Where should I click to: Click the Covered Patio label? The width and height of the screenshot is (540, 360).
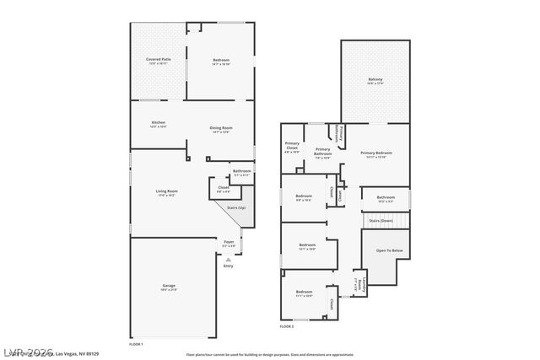click(x=158, y=61)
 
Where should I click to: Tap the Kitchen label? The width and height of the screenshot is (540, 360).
click(x=159, y=124)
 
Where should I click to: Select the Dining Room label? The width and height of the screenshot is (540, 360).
click(x=221, y=129)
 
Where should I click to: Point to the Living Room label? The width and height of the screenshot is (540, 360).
click(x=166, y=192)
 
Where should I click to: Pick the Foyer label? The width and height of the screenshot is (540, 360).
click(x=229, y=244)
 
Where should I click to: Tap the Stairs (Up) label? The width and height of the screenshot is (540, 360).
click(x=236, y=207)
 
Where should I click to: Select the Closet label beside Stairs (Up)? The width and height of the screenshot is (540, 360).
click(x=223, y=189)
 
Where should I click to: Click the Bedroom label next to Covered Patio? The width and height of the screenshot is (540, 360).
click(x=221, y=61)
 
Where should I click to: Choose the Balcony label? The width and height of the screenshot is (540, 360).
click(x=375, y=81)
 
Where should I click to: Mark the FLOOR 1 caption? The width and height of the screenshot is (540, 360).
click(x=136, y=344)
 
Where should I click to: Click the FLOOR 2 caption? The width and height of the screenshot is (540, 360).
click(x=287, y=325)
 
